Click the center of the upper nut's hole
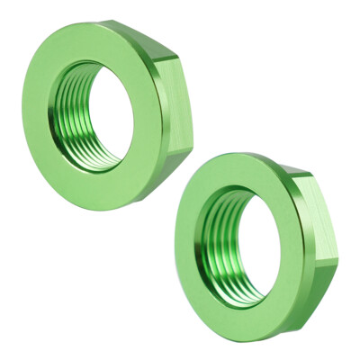pos(96,115)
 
